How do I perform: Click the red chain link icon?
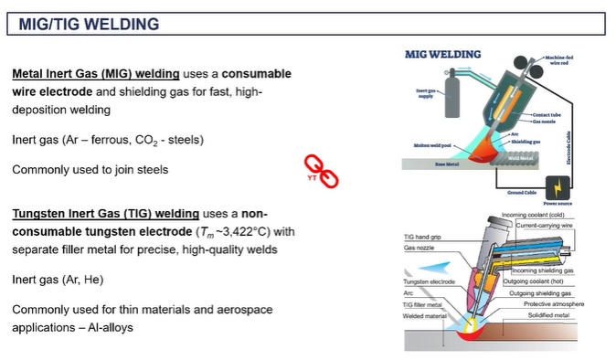[321, 171]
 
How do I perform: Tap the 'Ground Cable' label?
[525, 193]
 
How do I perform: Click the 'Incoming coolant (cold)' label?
[540, 215]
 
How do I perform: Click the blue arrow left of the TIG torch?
[437, 264]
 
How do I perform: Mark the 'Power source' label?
[557, 203]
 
